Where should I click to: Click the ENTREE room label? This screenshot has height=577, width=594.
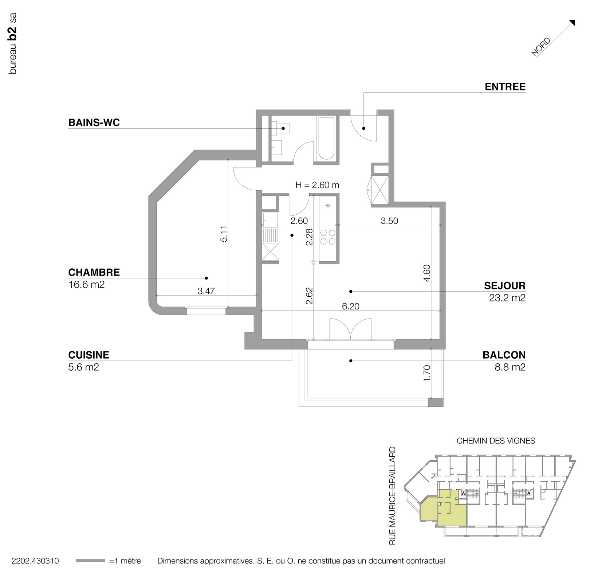(505, 87)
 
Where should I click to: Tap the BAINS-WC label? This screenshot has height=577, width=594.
(94, 123)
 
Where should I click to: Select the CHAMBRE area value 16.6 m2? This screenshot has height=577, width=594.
(86, 285)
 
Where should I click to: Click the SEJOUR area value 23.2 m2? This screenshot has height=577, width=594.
(507, 298)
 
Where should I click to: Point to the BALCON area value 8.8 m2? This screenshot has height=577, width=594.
(510, 367)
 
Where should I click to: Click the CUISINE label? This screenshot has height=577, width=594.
(88, 355)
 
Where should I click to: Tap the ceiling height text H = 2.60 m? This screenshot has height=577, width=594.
(317, 185)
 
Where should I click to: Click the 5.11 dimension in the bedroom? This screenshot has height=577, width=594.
(224, 234)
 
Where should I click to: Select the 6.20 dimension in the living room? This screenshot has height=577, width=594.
(350, 307)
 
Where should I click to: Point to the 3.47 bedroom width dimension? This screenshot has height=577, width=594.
(206, 291)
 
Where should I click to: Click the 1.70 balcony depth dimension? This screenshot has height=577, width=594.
(427, 373)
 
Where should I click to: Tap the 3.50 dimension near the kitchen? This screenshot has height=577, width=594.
(389, 221)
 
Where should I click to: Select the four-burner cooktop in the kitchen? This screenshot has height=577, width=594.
(327, 237)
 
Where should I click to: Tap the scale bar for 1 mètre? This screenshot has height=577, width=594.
(90, 561)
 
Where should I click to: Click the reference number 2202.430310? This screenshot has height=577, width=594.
(35, 561)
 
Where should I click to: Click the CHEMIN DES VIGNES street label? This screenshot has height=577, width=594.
(496, 441)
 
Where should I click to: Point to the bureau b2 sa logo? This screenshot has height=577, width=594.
(13, 44)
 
